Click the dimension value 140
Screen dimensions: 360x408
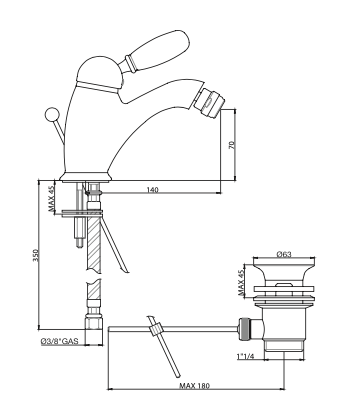pyautogui.click(x=152, y=190)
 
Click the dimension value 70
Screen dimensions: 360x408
pyautogui.click(x=232, y=145)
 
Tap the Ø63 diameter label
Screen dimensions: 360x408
pyautogui.click(x=284, y=254)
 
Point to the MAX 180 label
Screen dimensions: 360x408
pyautogui.click(x=195, y=386)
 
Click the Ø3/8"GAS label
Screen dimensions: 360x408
pyautogui.click(x=59, y=341)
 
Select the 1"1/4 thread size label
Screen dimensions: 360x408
pyautogui.click(x=246, y=356)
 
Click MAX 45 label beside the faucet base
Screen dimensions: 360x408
pyautogui.click(x=51, y=199)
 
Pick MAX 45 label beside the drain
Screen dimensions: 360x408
pyautogui.click(x=241, y=283)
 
